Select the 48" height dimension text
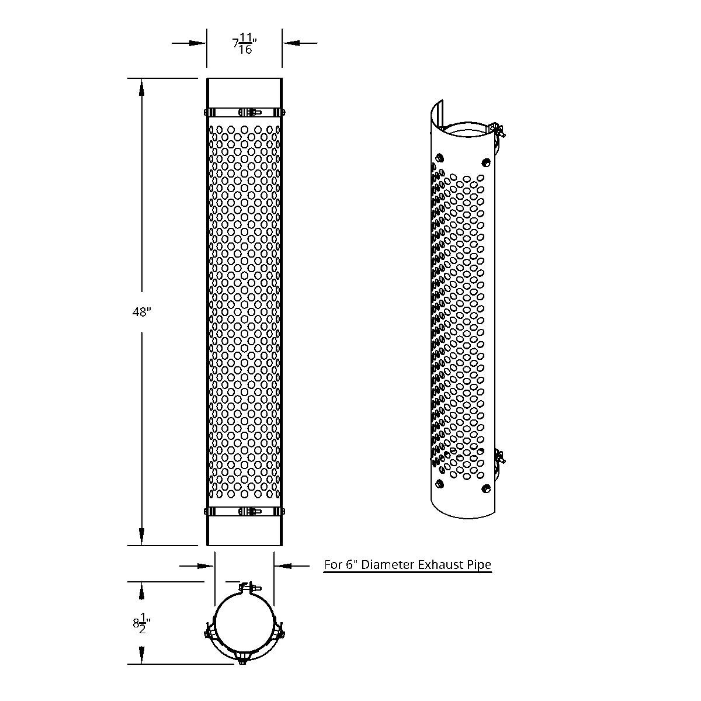(x=141, y=312)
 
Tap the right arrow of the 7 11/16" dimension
(x=291, y=43)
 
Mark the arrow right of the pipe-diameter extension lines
(x=283, y=565)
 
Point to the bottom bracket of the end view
(x=241, y=658)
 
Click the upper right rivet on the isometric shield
(x=484, y=162)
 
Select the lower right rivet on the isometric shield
(x=484, y=488)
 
